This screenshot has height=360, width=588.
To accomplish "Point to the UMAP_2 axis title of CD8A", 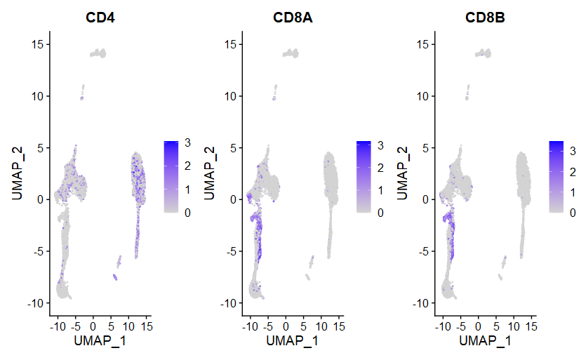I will pyautogui.click(x=208, y=173).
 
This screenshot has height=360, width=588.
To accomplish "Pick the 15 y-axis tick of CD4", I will pyautogui.click(x=39, y=45).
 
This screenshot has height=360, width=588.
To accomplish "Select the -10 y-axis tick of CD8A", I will pyautogui.click(x=228, y=303).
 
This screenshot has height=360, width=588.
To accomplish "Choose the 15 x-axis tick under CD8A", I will pyautogui.click(x=338, y=326).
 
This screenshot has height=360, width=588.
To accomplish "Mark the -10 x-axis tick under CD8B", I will pyautogui.click(x=443, y=326).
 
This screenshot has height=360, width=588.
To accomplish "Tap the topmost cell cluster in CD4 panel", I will pyautogui.click(x=98, y=53).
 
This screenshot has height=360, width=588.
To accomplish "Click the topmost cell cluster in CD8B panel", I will pyautogui.click(x=482, y=53).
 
